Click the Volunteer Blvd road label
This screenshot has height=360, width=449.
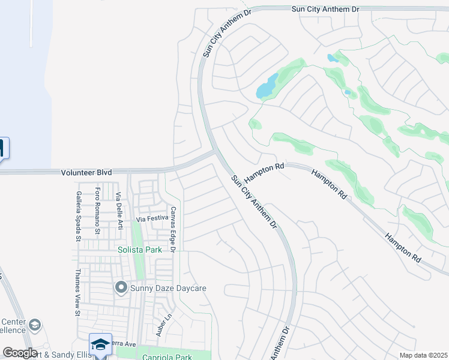tap(86, 172)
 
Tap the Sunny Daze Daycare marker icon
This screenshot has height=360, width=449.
tap(121, 289)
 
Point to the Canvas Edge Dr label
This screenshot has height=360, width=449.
tap(172, 229)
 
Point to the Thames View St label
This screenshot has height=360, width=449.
tap(77, 292)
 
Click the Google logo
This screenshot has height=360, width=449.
tap(20, 353)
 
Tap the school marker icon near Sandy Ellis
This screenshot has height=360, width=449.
tap(100, 344)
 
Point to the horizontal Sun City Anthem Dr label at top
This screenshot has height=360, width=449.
tap(325, 9)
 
